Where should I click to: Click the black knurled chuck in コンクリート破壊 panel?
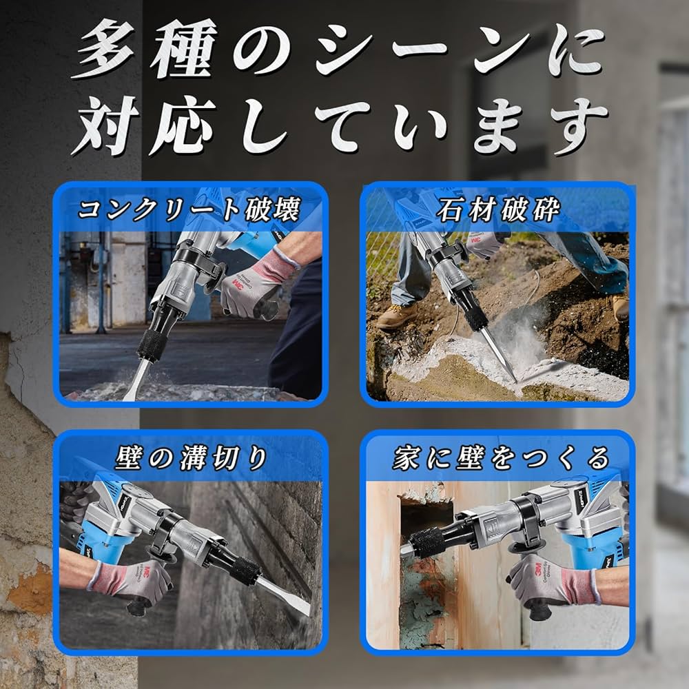pyautogui.click(x=150, y=342)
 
